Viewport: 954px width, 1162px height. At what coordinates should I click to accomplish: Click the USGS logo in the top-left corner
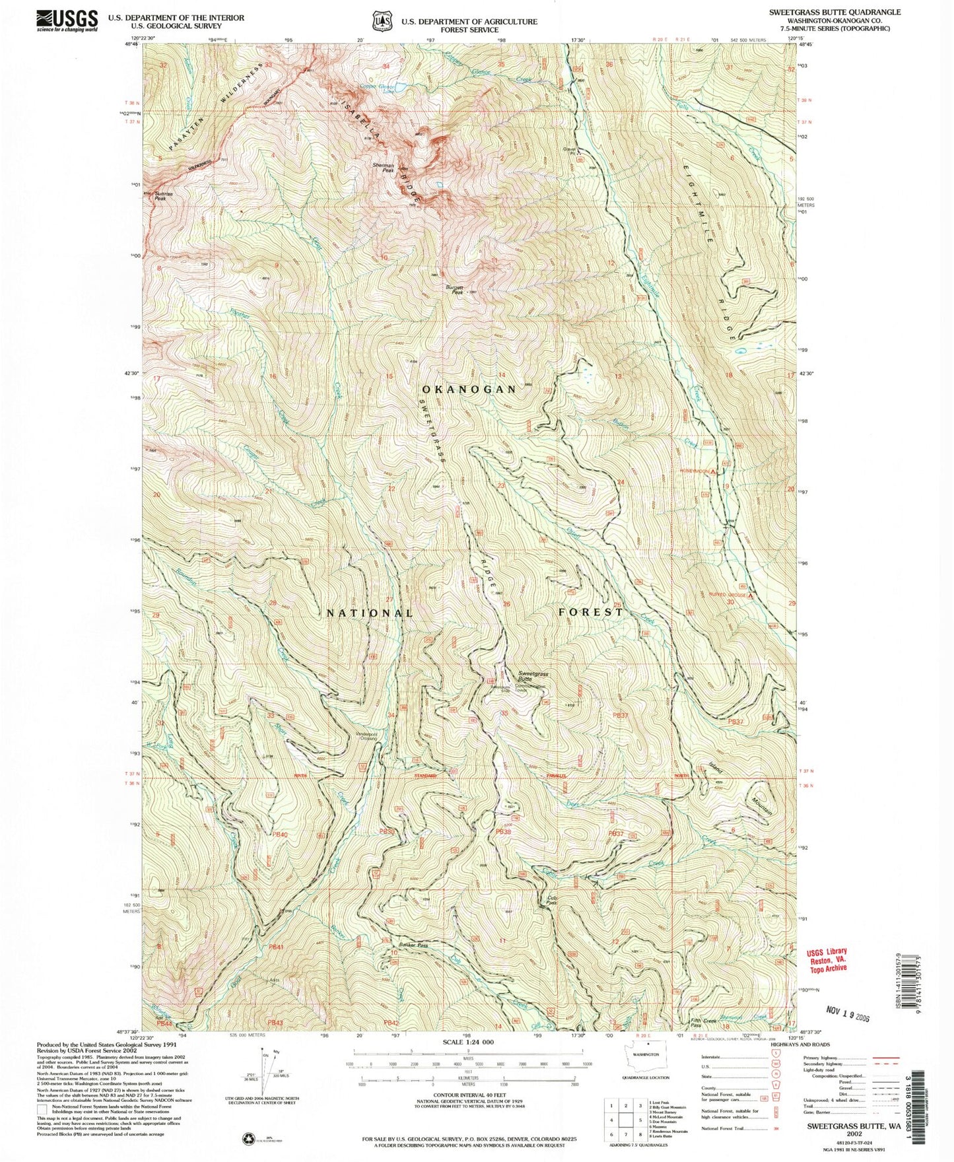tap(67, 20)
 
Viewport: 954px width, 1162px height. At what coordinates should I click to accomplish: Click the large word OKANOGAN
tap(469, 390)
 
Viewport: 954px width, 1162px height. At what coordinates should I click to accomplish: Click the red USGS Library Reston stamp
tap(826, 959)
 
